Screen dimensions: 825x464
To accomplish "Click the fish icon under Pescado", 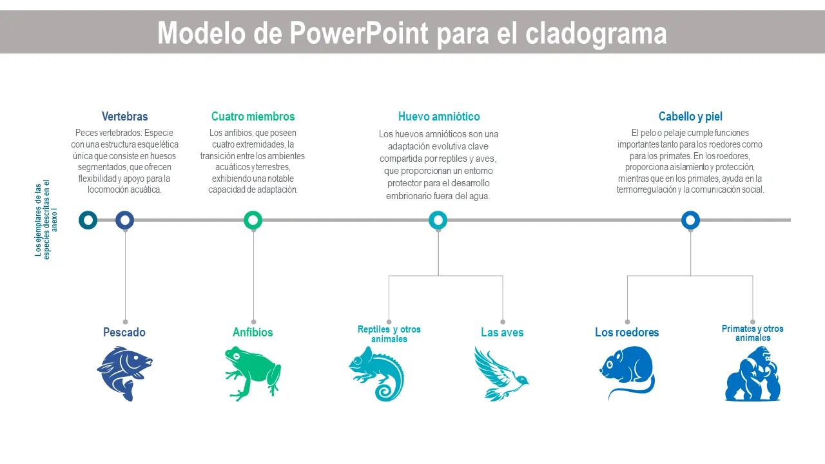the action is pos(124,373).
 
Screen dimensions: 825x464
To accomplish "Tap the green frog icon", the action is pos(253,373).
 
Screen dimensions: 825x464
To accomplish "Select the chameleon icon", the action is pos(377,373).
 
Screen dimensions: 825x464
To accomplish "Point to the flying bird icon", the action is pos(501,373).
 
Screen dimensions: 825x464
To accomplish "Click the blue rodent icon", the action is pos(627,372).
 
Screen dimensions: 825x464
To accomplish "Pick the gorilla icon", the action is pos(752,373).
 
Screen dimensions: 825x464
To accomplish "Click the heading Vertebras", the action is pos(124,117).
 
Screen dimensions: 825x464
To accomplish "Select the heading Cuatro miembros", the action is pos(253,117).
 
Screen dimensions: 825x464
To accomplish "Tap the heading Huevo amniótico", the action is pos(439,117).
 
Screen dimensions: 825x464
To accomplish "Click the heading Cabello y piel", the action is pos(690,117).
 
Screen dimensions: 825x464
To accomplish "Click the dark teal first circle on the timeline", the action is pos(88,215).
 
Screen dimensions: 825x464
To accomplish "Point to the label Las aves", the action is pos(502,332).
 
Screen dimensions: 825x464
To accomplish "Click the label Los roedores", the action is pos(627,332).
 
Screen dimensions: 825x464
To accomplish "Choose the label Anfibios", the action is pos(253,332).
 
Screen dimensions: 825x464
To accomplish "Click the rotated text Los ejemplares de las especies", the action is pos(43,220).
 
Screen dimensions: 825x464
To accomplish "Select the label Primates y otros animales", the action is pos(752,333).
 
